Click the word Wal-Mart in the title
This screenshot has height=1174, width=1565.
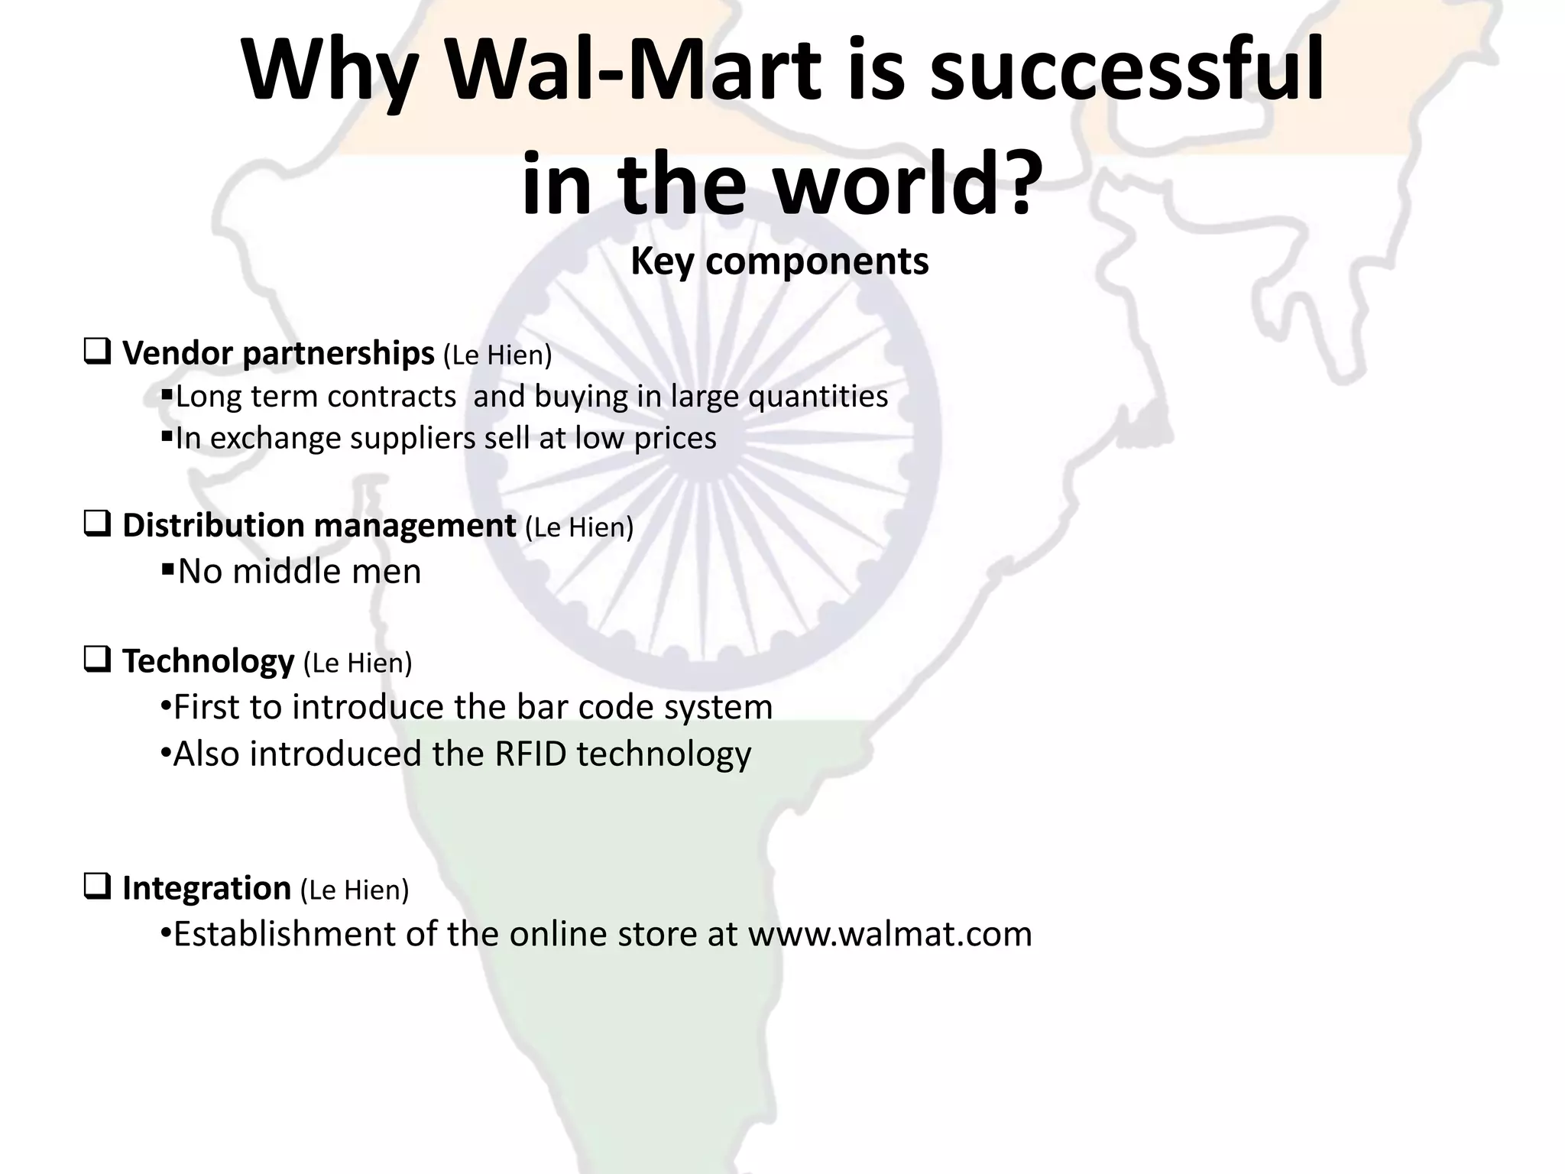pyautogui.click(x=633, y=70)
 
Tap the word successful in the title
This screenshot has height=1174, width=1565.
pyautogui.click(x=1127, y=70)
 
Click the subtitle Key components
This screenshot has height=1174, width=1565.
pyautogui.click(x=779, y=261)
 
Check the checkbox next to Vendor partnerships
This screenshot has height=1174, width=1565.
pyautogui.click(x=97, y=352)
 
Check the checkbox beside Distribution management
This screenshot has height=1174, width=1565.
pyautogui.click(x=97, y=524)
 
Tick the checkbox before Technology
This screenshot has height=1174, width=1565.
pyautogui.click(x=97, y=660)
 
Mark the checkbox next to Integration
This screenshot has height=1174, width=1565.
pyautogui.click(x=97, y=887)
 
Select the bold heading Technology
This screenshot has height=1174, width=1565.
pyautogui.click(x=208, y=661)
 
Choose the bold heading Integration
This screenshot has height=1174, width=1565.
pyautogui.click(x=206, y=888)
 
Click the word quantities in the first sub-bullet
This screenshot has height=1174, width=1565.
pyautogui.click(x=818, y=397)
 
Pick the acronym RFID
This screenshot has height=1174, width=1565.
pyautogui.click(x=530, y=754)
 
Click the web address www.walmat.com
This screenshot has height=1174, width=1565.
pyautogui.click(x=890, y=934)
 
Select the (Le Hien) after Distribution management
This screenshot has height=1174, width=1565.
pyautogui.click(x=579, y=527)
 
